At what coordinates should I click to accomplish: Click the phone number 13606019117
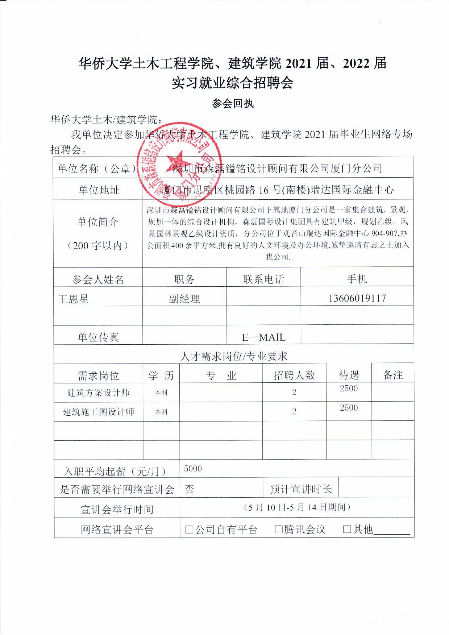(x=357, y=298)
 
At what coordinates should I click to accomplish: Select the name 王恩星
(x=74, y=299)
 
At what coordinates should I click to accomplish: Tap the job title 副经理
(x=184, y=299)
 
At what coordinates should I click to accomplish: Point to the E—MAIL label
(x=263, y=337)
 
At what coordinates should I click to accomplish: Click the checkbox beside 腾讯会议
(x=278, y=530)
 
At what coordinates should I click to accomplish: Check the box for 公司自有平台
(x=189, y=530)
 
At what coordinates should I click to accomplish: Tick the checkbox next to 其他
(x=347, y=530)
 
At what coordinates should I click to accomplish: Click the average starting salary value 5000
(x=193, y=469)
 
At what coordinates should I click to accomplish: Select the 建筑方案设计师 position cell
(x=99, y=393)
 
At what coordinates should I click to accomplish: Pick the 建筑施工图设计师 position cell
(x=99, y=412)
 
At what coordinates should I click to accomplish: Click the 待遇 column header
(x=349, y=375)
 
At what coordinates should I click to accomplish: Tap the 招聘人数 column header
(x=294, y=375)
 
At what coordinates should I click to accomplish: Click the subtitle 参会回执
(x=232, y=104)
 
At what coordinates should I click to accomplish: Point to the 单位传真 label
(x=98, y=337)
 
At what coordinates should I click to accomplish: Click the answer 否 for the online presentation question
(x=189, y=490)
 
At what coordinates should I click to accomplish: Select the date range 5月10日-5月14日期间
(x=297, y=507)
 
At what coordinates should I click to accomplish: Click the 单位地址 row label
(x=99, y=190)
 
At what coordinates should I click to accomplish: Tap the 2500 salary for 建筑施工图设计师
(x=349, y=408)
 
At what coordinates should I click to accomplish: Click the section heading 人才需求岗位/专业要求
(x=234, y=356)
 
